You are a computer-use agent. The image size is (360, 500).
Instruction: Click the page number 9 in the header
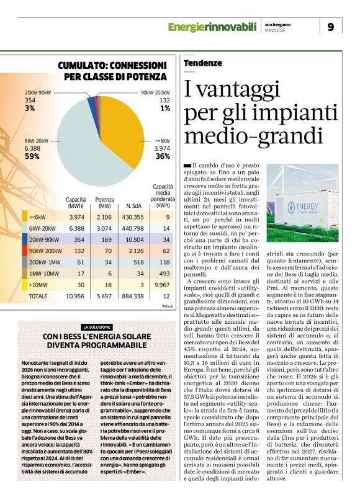point(330,27)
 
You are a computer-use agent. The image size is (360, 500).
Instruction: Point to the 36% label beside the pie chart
point(163,157)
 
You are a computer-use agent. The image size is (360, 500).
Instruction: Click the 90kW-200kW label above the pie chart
point(155,92)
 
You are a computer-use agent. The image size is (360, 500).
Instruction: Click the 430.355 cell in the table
point(133,217)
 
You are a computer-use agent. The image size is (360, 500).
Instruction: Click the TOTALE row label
point(38,297)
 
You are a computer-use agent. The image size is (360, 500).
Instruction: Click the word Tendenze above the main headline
point(203,63)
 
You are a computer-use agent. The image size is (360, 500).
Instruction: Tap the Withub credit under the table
point(168,306)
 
